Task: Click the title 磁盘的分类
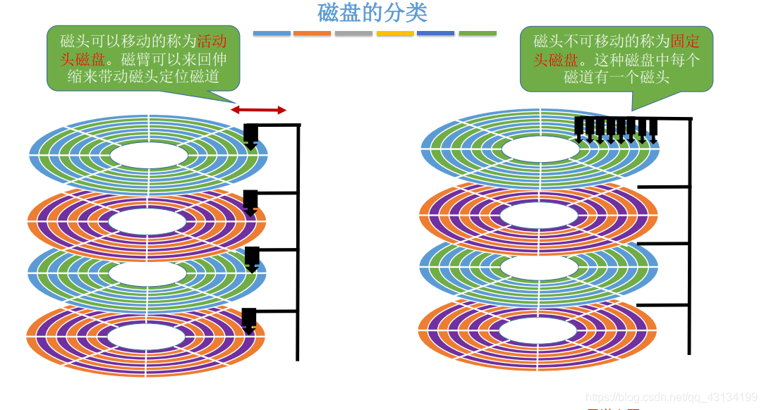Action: pyautogui.click(x=372, y=13)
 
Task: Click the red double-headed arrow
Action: pyautogui.click(x=258, y=110)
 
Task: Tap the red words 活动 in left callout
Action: pyautogui.click(x=212, y=40)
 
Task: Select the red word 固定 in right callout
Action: pyautogui.click(x=686, y=40)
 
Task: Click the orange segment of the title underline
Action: pyautogui.click(x=312, y=33)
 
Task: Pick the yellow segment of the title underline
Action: pyautogui.click(x=395, y=33)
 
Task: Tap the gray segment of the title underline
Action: pyautogui.click(x=353, y=33)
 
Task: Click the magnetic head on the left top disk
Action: pyautogui.click(x=251, y=135)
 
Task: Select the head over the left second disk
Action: pyautogui.click(x=250, y=202)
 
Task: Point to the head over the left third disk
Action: pyautogui.click(x=252, y=259)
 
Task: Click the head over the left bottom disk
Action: pyautogui.click(x=249, y=320)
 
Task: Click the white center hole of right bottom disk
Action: pyautogui.click(x=540, y=330)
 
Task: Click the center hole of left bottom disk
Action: pyautogui.click(x=146, y=335)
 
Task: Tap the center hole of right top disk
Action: pyautogui.click(x=541, y=149)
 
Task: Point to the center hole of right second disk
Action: pyautogui.click(x=541, y=215)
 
